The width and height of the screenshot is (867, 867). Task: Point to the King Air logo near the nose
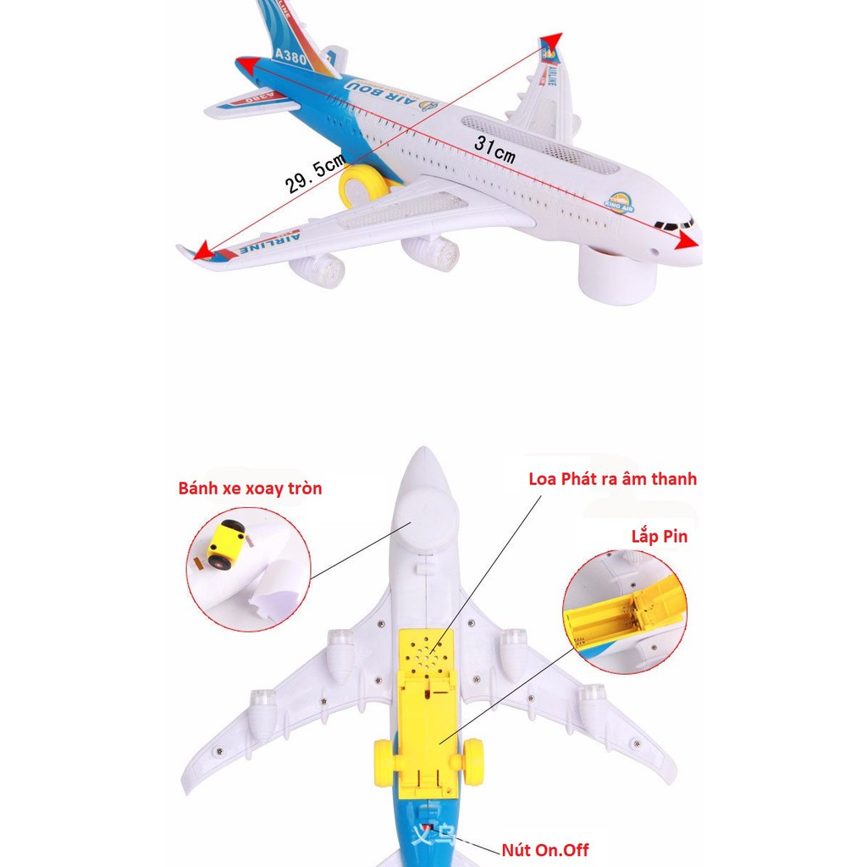coord(620,201)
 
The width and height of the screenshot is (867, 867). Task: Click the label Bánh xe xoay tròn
coord(250,489)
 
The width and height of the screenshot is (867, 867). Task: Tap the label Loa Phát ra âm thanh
coord(612,479)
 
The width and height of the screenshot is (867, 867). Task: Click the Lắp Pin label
coord(659,536)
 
